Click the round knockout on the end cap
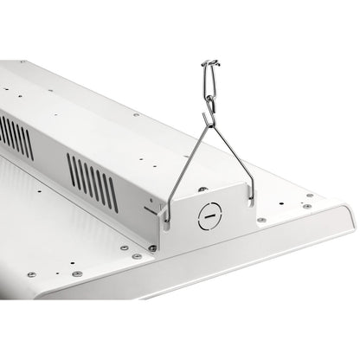tap(209, 216)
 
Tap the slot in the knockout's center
tap(209, 216)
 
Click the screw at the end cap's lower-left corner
tap(152, 248)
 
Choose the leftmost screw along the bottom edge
tap(31, 274)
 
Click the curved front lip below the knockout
tap(225, 260)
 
